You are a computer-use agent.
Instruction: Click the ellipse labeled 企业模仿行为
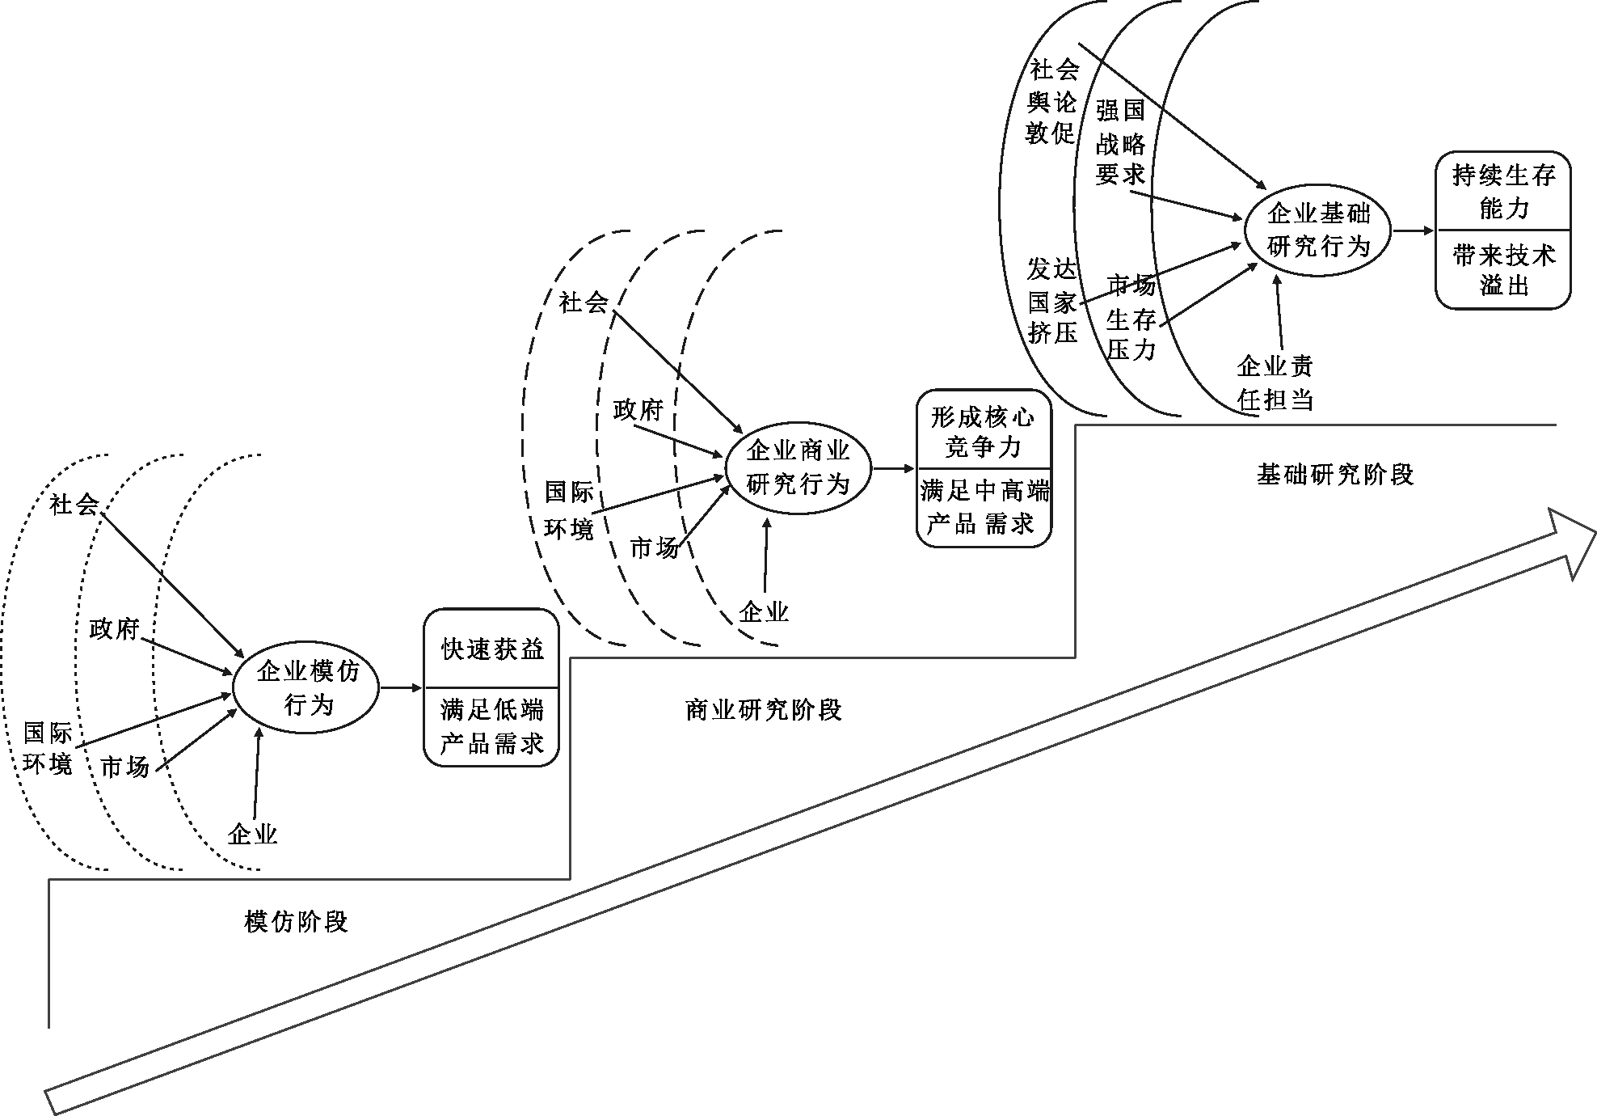pyautogui.click(x=306, y=687)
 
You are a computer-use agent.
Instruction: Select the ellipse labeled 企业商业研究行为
pyautogui.click(x=798, y=467)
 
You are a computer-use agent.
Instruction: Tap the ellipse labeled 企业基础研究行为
pyautogui.click(x=1318, y=230)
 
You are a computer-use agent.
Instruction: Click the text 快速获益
pyautogui.click(x=492, y=649)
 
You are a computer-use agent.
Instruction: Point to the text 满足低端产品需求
pyautogui.click(x=492, y=726)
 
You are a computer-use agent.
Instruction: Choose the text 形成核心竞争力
pyautogui.click(x=983, y=432)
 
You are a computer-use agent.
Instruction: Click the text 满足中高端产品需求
pyautogui.click(x=984, y=507)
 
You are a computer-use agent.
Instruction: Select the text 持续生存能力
pyautogui.click(x=1503, y=192)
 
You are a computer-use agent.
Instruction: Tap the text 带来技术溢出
pyautogui.click(x=1503, y=270)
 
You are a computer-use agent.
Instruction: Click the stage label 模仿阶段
pyautogui.click(x=296, y=921)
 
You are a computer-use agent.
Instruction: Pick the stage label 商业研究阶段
pyautogui.click(x=763, y=710)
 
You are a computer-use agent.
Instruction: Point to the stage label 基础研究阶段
pyautogui.click(x=1335, y=474)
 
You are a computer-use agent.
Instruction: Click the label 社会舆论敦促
pyautogui.click(x=1052, y=102)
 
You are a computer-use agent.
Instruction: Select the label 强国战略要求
pyautogui.click(x=1120, y=142)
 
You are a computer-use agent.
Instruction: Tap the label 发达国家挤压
pyautogui.click(x=1052, y=301)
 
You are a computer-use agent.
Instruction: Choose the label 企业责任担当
pyautogui.click(x=1275, y=383)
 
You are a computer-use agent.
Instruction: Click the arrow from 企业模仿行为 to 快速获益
pyautogui.click(x=401, y=688)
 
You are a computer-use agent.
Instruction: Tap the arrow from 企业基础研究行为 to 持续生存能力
pyautogui.click(x=1413, y=230)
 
